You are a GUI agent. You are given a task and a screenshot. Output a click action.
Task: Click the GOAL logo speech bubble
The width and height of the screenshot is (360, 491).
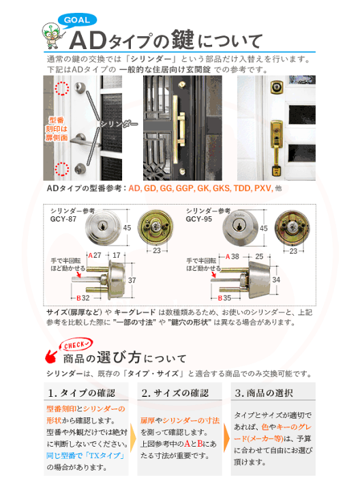point(79,20)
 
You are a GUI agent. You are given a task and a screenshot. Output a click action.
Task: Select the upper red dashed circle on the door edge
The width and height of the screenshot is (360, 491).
point(62,89)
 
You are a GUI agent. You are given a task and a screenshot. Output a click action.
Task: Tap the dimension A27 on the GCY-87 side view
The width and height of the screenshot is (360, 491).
point(95,256)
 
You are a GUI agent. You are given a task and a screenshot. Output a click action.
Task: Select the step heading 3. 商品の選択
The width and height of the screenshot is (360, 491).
point(265,393)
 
